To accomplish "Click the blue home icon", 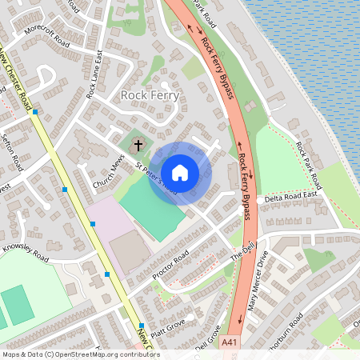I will [x=180, y=172].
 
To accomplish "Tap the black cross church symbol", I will [x=138, y=146].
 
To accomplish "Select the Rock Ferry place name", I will [x=150, y=95].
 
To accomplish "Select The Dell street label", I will [x=241, y=255].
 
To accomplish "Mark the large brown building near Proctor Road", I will [x=128, y=251].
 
